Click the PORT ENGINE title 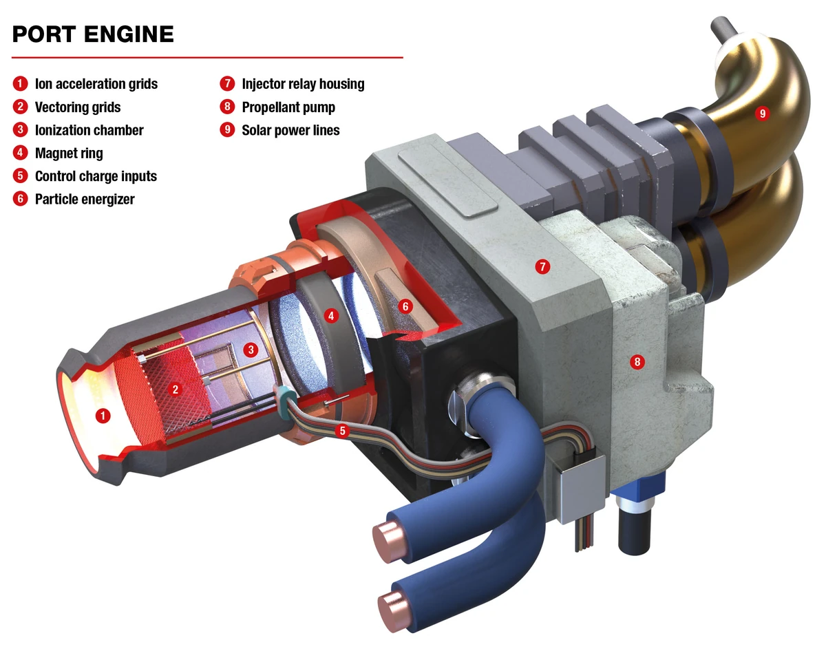pyautogui.click(x=93, y=34)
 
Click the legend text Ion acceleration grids pyautogui.click(x=96, y=84)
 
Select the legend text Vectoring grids pyautogui.click(x=77, y=107)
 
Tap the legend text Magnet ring pyautogui.click(x=69, y=153)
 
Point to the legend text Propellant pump pyautogui.click(x=288, y=107)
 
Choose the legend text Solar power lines pyautogui.click(x=290, y=130)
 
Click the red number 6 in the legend pyautogui.click(x=21, y=199)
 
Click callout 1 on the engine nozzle pyautogui.click(x=103, y=416)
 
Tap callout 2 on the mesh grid pyautogui.click(x=176, y=389)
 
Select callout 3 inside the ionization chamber pyautogui.click(x=251, y=350)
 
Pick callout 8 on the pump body pyautogui.click(x=637, y=361)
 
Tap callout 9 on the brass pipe pyautogui.click(x=761, y=114)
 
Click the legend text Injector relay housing pyautogui.click(x=303, y=84)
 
